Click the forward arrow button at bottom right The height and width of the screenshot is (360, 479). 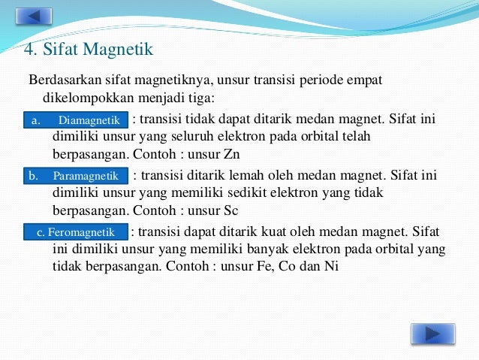(432, 334)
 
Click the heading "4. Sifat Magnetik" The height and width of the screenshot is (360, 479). (89, 50)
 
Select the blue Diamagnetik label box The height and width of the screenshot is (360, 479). (76, 120)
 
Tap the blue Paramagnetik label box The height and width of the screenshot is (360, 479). (76, 176)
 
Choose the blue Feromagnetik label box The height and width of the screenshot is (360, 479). (76, 232)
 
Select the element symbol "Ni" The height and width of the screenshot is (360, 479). (330, 265)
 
